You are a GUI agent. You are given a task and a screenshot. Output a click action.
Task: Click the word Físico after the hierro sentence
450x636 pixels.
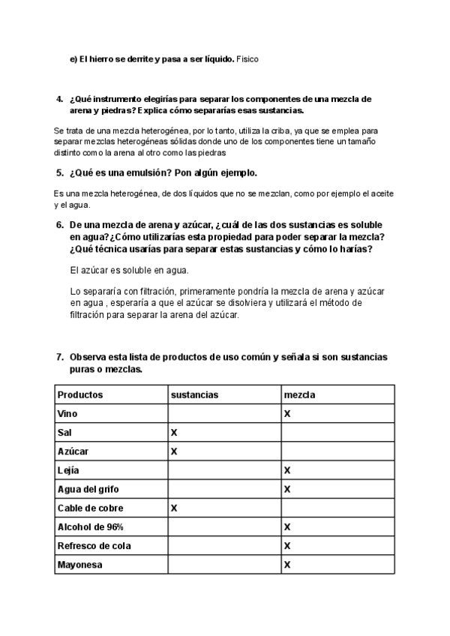coord(247,58)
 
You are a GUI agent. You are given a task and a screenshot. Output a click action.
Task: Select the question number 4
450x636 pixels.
coord(60,99)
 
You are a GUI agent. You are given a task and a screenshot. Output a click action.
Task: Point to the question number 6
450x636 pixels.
coord(60,225)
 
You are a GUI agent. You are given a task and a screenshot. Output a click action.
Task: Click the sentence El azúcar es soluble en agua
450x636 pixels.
coord(129,270)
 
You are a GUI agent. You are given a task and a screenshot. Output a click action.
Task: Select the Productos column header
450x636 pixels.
coord(80,394)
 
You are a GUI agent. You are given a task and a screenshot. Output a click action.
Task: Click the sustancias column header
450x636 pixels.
coord(194,394)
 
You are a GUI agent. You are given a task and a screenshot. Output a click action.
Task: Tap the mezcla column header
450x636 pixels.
coord(299,394)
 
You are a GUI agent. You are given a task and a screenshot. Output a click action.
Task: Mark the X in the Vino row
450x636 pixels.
coord(287,413)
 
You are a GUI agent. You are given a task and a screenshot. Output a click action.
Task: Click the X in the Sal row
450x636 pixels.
coord(174,433)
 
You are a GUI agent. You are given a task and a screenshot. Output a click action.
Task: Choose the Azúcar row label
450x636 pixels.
coord(73,451)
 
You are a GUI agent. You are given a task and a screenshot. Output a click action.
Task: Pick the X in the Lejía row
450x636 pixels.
coord(287,470)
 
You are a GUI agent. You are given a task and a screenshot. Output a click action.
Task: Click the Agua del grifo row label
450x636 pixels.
coord(88,489)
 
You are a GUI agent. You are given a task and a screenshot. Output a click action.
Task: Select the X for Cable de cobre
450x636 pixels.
coord(174,508)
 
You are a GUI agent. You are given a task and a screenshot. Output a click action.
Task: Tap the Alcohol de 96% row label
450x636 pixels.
coord(91,526)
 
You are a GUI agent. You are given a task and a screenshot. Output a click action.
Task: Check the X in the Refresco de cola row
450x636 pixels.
coord(287,545)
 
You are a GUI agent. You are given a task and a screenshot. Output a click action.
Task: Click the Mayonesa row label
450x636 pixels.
coord(80,564)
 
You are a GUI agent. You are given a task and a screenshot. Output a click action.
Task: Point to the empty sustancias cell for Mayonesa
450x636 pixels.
coord(223,564)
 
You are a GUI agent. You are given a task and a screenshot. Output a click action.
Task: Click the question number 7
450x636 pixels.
coord(60,357)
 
